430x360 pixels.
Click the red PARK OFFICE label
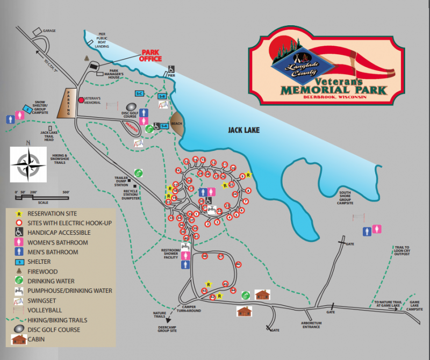pos(151,55)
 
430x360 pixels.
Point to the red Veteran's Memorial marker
pos(81,99)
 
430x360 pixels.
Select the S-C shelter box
pos(139,93)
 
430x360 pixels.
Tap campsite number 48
pos(205,256)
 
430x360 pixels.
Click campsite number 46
pos(238,264)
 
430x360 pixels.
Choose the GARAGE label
pos(49,31)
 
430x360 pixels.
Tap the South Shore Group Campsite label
pos(345,197)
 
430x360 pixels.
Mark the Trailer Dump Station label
pos(121,181)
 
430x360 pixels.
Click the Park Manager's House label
pos(121,74)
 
